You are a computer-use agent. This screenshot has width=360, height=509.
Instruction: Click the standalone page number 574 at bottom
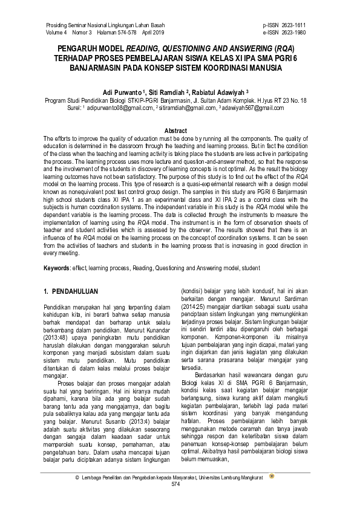(175, 485)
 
